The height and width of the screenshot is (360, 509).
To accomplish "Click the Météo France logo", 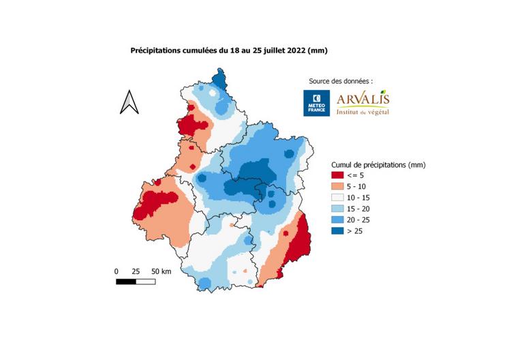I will pos(316,103).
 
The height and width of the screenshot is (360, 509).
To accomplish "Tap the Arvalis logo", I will pos(362,102).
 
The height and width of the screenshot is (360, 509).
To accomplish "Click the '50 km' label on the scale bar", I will pos(162,271).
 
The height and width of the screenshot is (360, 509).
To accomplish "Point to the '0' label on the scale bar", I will pos(117,271).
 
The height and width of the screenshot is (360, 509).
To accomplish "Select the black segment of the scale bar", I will pos(125,281).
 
